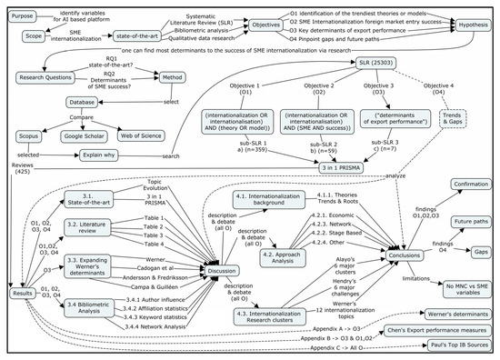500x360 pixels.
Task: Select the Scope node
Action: tap(26, 39)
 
